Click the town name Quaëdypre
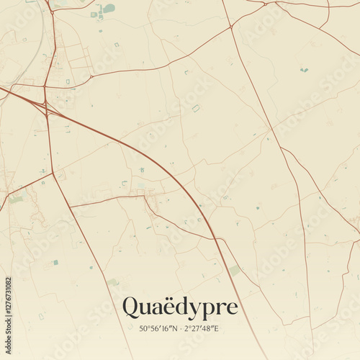tap(179, 307)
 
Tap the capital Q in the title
tap(131, 307)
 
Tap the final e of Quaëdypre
tap(232, 309)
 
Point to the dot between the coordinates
tap(181, 329)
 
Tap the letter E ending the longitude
tap(216, 329)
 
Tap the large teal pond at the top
tap(108, 9)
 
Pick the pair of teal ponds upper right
tap(304, 70)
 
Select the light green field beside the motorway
tap(235, 271)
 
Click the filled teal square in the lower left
tap(55, 262)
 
